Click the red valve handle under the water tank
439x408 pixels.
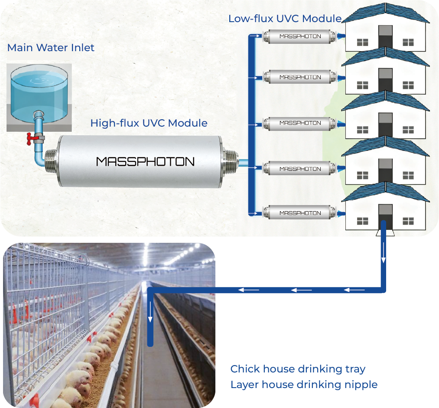coord(30,138)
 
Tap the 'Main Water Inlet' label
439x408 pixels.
coord(51,48)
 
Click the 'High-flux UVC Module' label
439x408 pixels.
coord(149,123)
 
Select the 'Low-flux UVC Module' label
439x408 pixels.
coord(285,19)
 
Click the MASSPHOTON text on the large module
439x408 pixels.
coord(145,162)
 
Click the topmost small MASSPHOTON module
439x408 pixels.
coord(300,36)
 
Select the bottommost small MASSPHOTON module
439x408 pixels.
coord(300,213)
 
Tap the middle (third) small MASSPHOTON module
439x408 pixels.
coord(300,123)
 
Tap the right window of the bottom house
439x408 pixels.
coord(408,221)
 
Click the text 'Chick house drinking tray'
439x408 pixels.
coord(298,369)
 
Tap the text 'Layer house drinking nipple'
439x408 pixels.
coord(304,385)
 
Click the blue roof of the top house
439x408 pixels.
coord(385,13)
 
